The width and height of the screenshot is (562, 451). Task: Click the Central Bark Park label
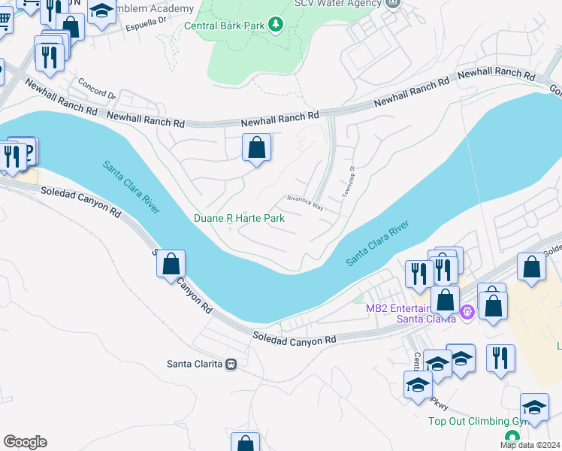(225, 26)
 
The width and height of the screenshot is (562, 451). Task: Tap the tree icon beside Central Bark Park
(276, 26)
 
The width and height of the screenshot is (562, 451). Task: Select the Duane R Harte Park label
(240, 218)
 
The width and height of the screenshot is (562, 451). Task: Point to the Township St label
(347, 183)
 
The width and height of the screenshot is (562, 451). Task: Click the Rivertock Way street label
(305, 202)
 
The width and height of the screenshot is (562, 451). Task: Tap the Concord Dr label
(101, 95)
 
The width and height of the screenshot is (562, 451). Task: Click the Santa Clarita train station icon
(231, 364)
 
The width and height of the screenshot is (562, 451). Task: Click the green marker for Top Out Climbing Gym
(512, 436)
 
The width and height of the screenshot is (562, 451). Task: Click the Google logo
(25, 442)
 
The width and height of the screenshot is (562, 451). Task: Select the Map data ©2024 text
(530, 445)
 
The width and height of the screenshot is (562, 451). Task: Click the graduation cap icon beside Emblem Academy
(101, 12)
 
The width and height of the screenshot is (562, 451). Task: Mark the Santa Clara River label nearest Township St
(377, 242)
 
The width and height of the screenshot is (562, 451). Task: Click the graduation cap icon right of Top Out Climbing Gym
(534, 407)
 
